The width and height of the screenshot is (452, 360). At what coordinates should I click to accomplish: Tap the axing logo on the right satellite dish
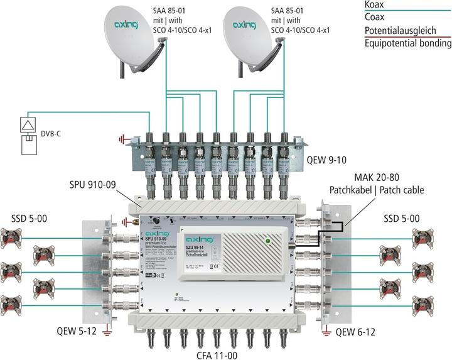pyautogui.click(x=246, y=26)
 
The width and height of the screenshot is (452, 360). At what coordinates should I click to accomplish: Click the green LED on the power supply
pyautogui.click(x=268, y=240)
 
